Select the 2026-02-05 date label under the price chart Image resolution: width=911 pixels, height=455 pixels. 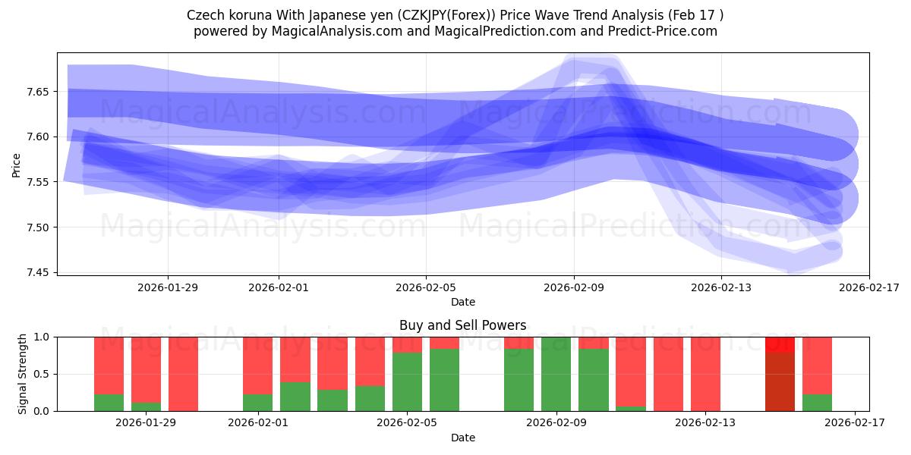[426, 287]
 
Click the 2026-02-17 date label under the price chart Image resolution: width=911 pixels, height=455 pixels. [868, 287]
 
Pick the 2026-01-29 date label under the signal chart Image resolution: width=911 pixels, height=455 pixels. [146, 423]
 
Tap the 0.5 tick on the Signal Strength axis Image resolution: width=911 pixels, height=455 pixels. [42, 374]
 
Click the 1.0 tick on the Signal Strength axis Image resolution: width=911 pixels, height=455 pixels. [42, 337]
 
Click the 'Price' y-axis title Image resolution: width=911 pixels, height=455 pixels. [17, 164]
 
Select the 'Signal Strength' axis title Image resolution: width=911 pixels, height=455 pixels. [23, 374]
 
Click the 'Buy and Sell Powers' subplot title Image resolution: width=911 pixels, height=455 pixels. [462, 325]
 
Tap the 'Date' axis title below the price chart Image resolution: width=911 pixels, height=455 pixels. [462, 302]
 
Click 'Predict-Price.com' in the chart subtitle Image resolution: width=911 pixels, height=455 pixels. [657, 31]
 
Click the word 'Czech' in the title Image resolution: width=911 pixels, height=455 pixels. [203, 15]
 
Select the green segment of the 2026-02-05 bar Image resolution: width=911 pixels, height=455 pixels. [408, 381]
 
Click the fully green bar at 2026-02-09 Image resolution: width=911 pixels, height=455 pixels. [556, 374]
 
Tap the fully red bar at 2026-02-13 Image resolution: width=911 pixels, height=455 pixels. [705, 374]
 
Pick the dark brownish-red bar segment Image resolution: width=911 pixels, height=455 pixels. [780, 381]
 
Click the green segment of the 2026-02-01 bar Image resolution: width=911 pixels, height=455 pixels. [258, 403]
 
